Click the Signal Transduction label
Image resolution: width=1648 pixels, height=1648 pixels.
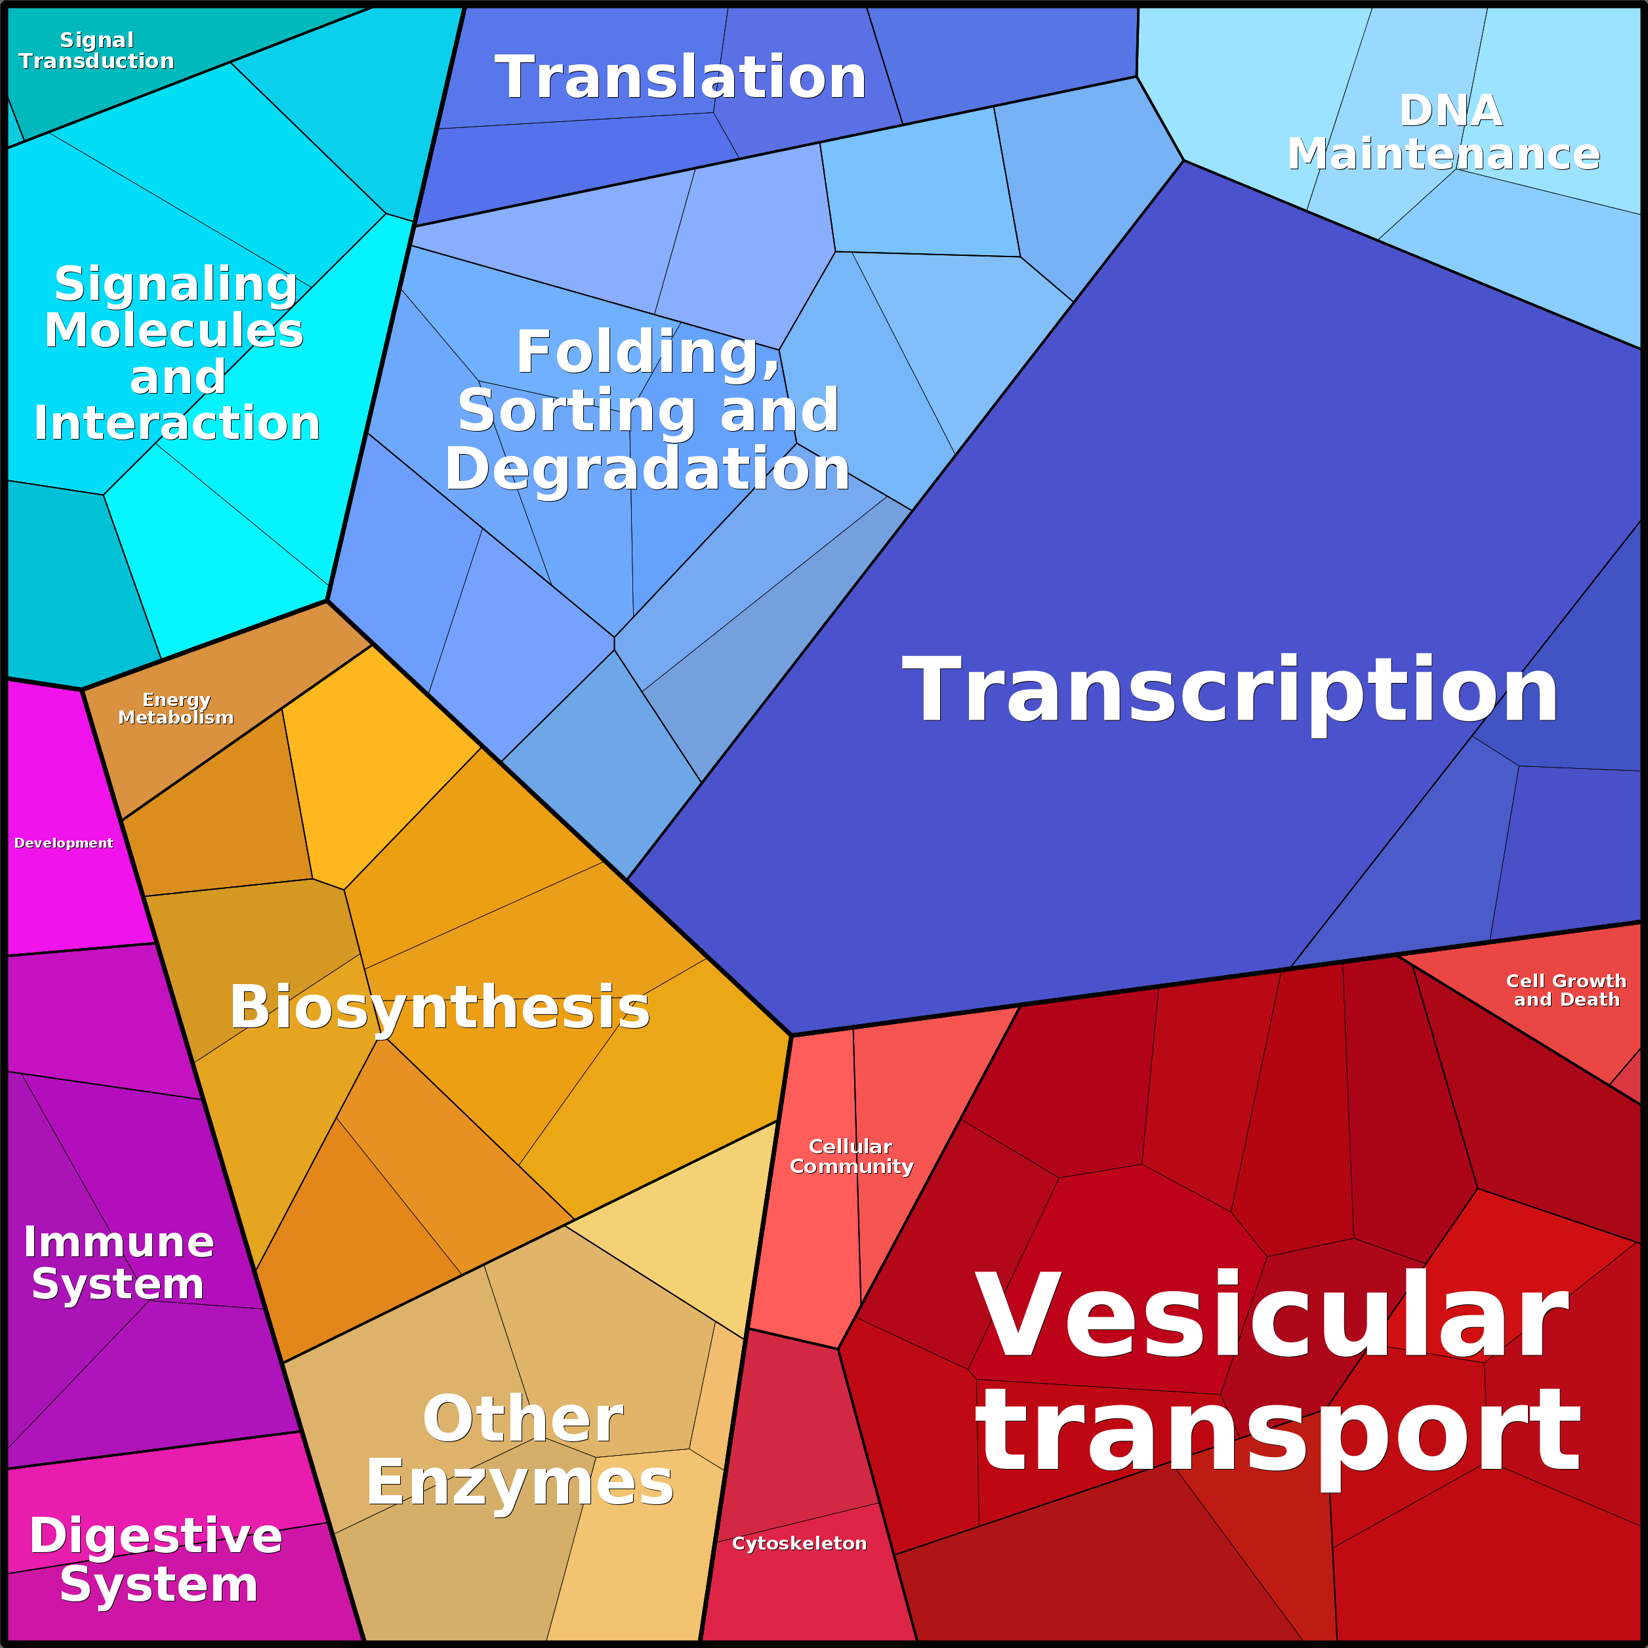[96, 51]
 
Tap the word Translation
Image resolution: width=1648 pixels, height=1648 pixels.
[681, 77]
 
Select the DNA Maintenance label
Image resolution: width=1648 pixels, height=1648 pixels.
[1443, 133]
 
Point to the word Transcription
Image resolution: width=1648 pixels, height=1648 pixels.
[1230, 690]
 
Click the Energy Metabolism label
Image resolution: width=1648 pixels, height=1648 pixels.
[176, 709]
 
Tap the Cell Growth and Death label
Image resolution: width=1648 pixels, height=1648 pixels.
[1566, 991]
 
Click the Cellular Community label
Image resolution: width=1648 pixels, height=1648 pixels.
[852, 1156]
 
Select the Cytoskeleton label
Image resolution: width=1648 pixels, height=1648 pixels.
[799, 1543]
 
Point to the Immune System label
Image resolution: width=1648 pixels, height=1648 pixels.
[119, 1264]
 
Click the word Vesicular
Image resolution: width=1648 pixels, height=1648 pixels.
[1272, 1315]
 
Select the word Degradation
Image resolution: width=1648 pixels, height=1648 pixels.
[648, 470]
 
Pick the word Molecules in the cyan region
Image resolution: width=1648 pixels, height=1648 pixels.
[174, 330]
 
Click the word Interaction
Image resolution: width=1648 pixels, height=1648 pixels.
[176, 423]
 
